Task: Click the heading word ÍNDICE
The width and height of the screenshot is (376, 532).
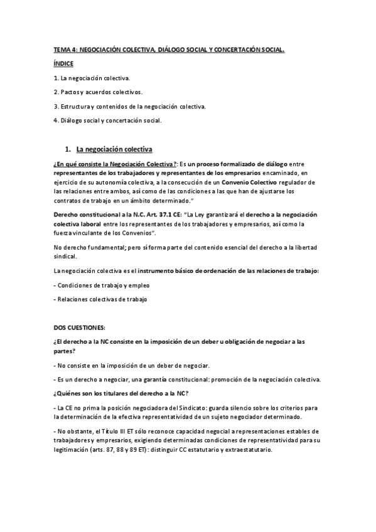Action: tap(63, 63)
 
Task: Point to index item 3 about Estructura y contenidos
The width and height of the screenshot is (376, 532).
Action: tap(126, 106)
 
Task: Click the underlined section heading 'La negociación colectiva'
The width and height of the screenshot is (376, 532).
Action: tap(114, 150)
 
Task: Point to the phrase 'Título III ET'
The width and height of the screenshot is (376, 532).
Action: tap(115, 432)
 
